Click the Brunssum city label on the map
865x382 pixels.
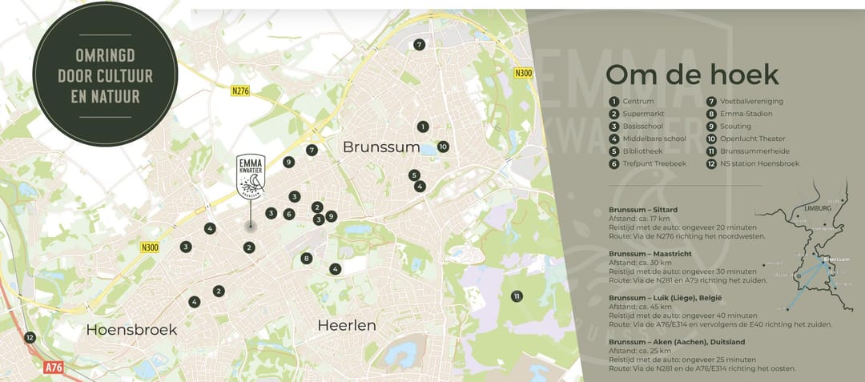pyautogui.click(x=381, y=147)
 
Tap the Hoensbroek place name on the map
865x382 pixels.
pyautogui.click(x=131, y=329)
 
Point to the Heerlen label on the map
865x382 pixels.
pyautogui.click(x=347, y=325)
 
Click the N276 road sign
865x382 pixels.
pyautogui.click(x=239, y=91)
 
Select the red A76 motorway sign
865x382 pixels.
pyautogui.click(x=52, y=368)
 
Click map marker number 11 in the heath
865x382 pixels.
pyautogui.click(x=517, y=296)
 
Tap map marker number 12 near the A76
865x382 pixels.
pyautogui.click(x=30, y=338)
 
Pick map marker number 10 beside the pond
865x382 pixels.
pyautogui.click(x=443, y=147)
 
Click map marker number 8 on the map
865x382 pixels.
pyautogui.click(x=306, y=258)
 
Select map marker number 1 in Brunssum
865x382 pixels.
pyautogui.click(x=423, y=127)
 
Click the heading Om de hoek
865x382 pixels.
pyautogui.click(x=691, y=74)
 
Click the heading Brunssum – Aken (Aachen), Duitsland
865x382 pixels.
pyautogui.click(x=686, y=340)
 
